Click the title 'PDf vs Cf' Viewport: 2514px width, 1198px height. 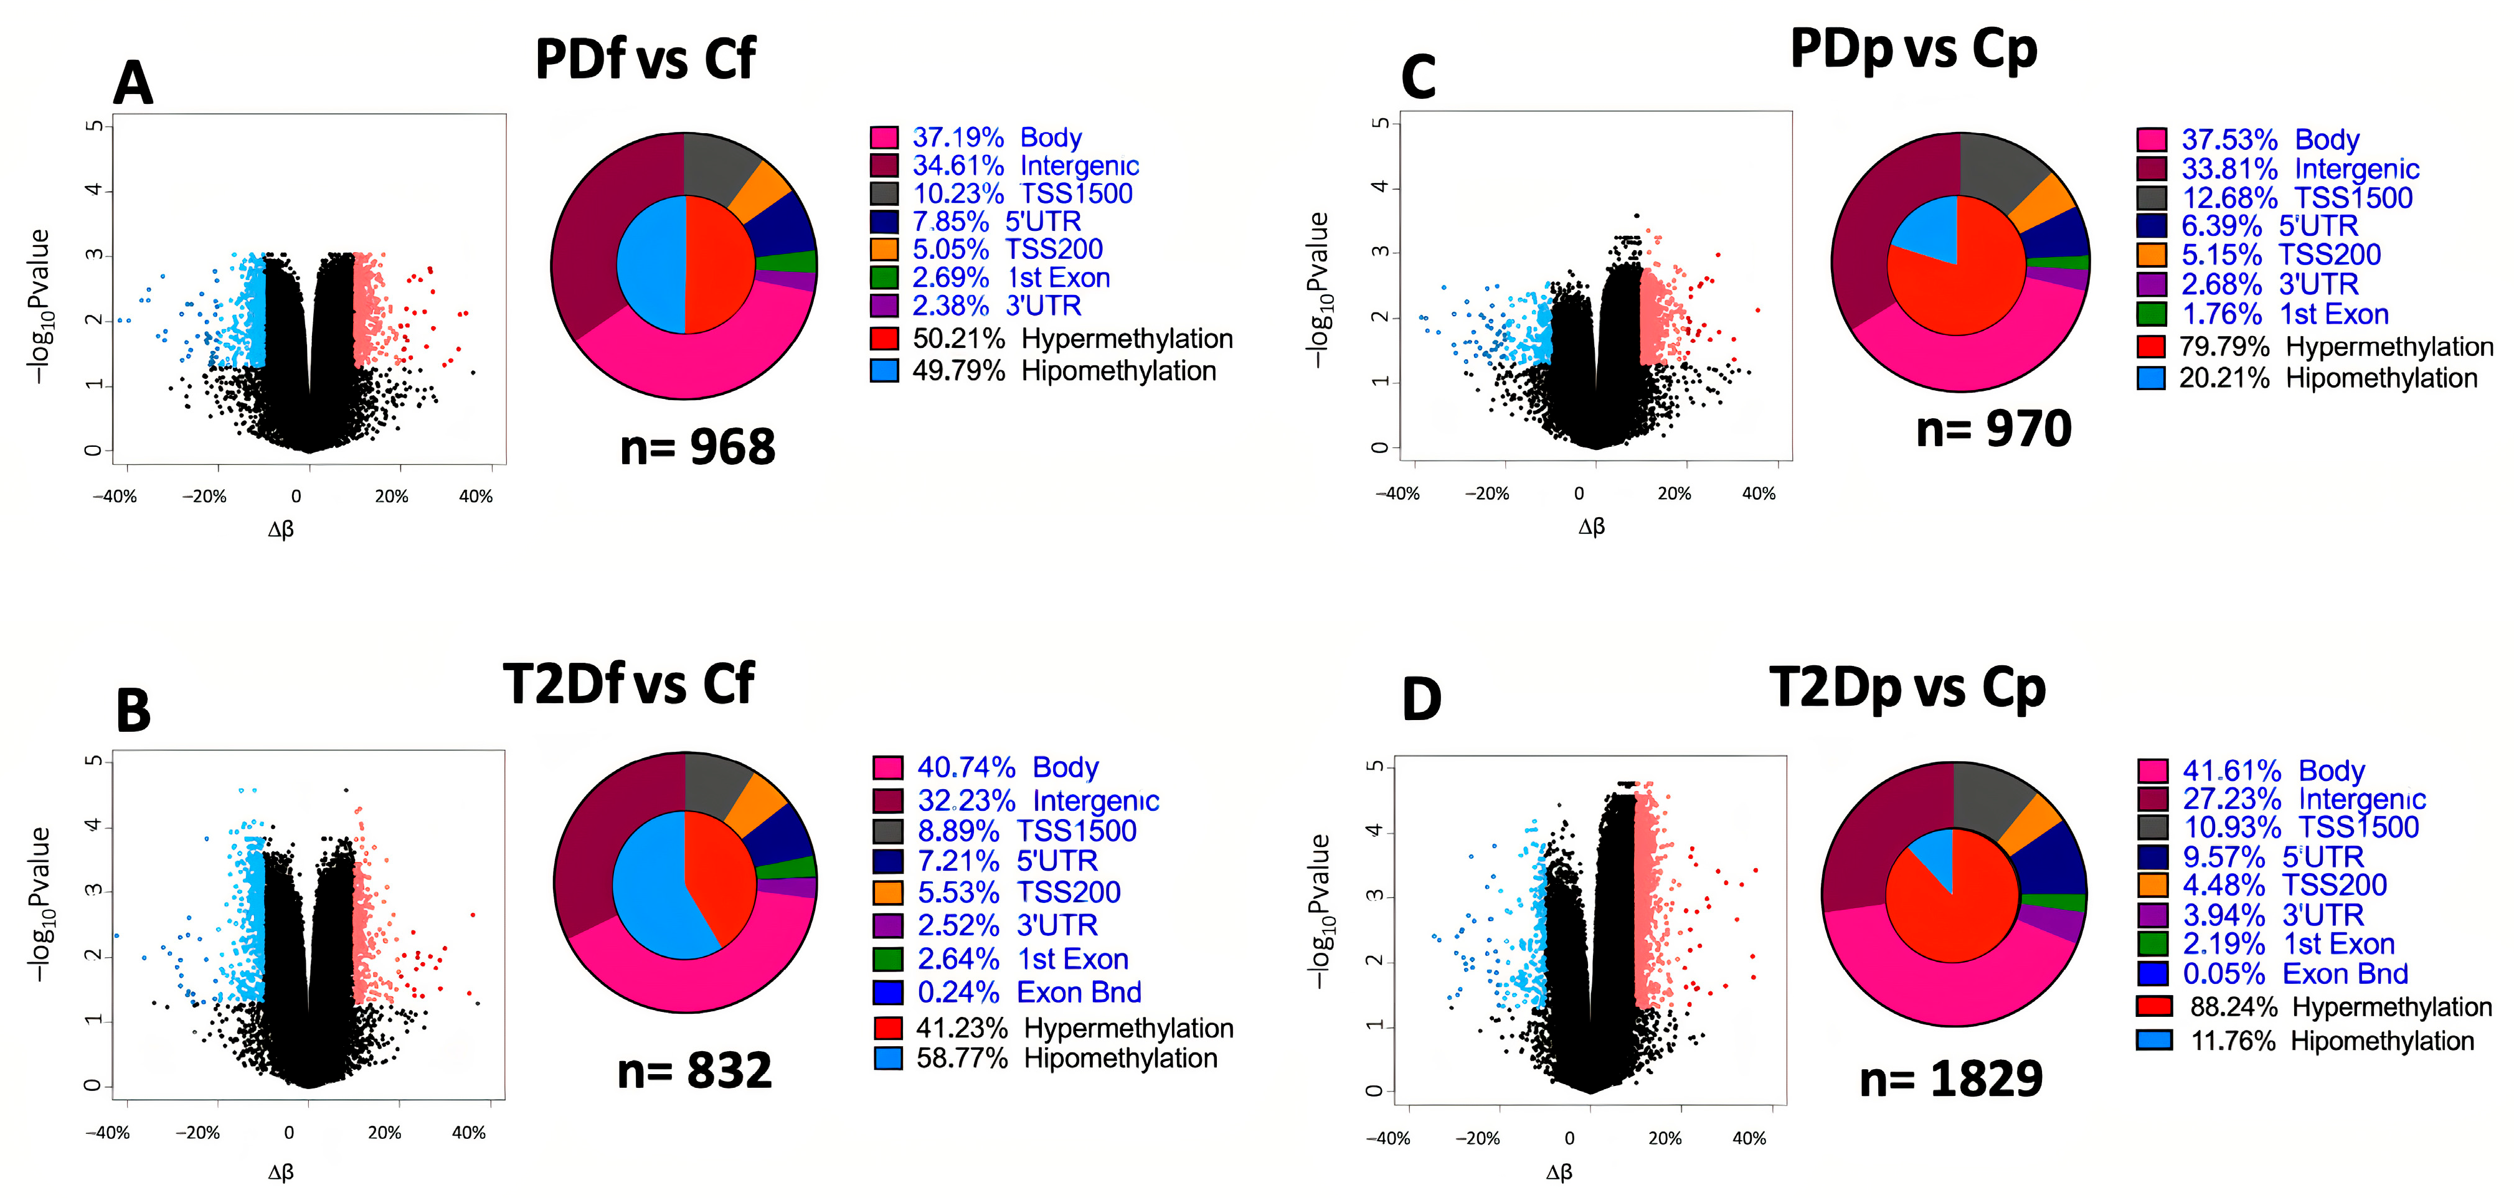point(645,58)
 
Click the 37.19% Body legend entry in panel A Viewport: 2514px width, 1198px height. point(976,138)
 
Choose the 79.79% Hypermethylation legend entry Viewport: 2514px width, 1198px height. point(2315,346)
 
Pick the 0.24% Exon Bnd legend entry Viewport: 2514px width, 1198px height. point(1007,992)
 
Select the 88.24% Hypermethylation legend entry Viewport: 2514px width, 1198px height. point(2314,1007)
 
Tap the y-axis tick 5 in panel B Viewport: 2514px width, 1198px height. point(93,761)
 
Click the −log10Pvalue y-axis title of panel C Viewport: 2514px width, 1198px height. point(1318,290)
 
